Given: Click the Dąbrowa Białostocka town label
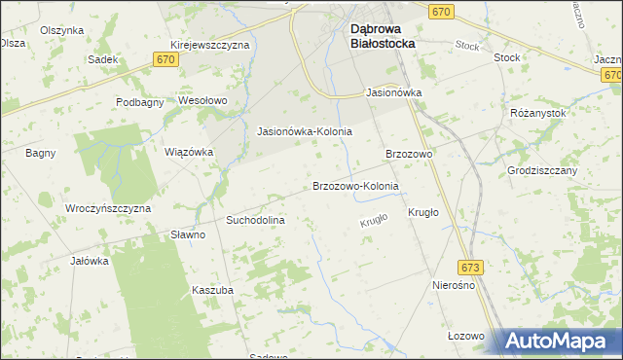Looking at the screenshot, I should point(383,36).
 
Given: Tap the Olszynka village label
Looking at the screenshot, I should point(61,30).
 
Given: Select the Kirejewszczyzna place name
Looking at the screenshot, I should point(209,45).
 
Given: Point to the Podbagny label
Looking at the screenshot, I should point(139,102).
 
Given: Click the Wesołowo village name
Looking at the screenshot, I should point(202,100).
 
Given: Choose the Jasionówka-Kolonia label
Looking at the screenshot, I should point(303,131).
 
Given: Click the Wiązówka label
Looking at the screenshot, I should point(188,152).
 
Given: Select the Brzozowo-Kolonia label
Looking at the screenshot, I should point(355,186).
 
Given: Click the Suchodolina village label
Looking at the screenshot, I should point(254,221).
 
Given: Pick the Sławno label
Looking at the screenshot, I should point(188,234).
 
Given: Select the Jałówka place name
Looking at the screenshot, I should point(89,261).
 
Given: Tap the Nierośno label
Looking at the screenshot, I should point(452,285).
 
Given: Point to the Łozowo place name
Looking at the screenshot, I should point(465,336).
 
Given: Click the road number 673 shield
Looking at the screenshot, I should point(471,267).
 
